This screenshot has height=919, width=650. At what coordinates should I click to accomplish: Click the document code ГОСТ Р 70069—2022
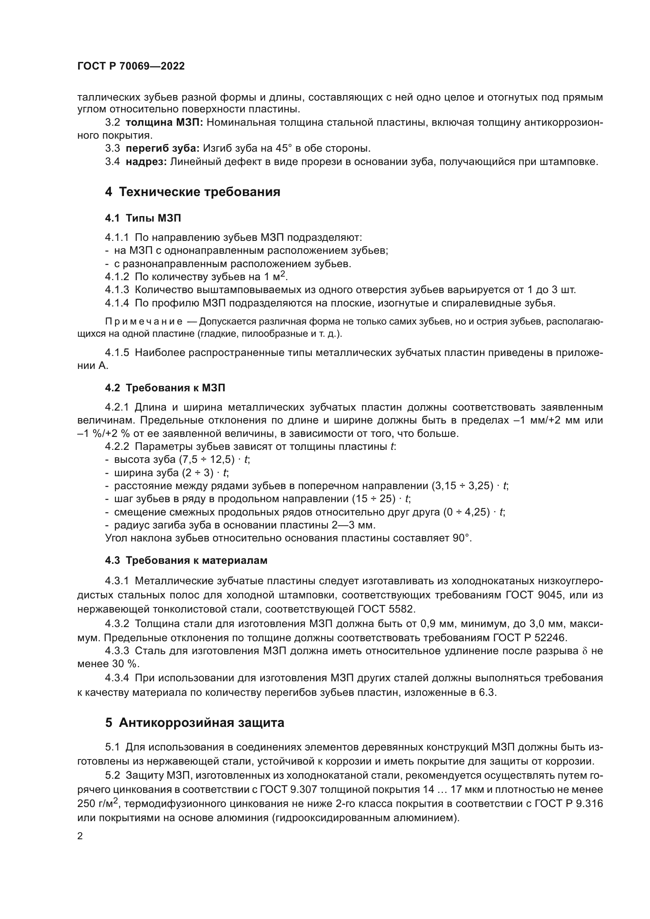(x=131, y=66)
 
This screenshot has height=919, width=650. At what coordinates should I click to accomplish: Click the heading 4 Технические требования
(x=193, y=192)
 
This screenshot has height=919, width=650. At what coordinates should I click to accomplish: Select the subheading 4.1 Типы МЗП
(x=143, y=218)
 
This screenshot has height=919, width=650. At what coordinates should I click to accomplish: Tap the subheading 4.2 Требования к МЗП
(x=165, y=388)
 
